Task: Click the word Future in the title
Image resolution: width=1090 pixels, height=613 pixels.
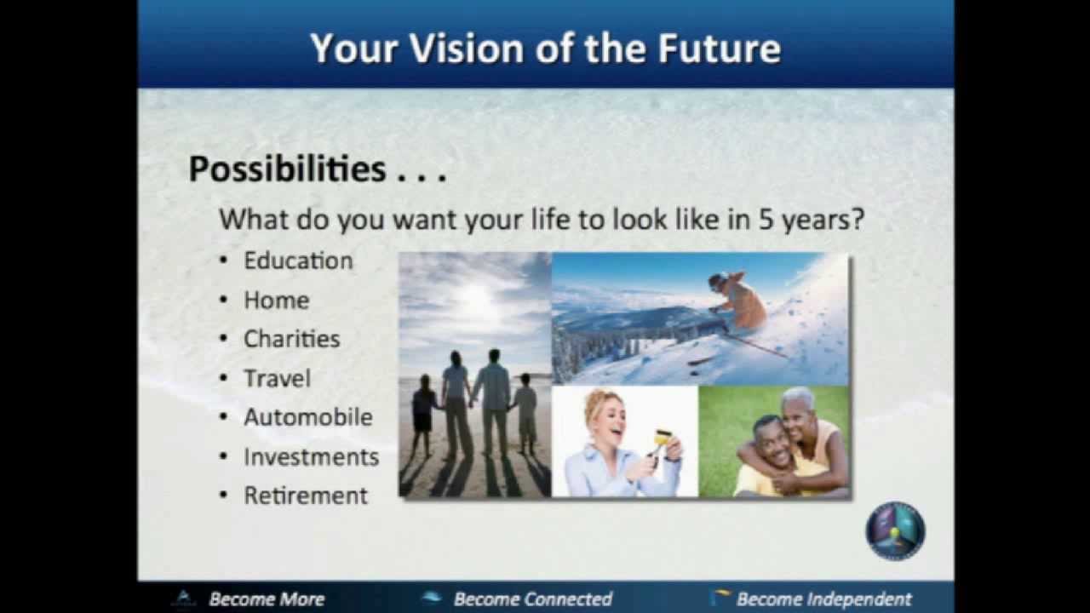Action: pos(719,49)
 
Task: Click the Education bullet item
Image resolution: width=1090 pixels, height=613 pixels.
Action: pos(298,261)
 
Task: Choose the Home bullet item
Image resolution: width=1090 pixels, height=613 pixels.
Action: pos(276,300)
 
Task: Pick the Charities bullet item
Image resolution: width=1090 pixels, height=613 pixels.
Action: pos(291,339)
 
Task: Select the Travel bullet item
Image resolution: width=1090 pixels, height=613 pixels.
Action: pos(277,378)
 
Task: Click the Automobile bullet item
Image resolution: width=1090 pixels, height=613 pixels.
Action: pos(307,417)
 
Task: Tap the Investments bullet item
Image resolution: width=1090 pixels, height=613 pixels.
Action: pos(311,456)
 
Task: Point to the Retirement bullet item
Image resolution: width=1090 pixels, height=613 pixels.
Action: pos(306,496)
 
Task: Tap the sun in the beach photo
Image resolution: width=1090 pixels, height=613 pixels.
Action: pos(475,298)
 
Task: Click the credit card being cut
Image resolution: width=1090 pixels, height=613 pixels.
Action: pos(661,439)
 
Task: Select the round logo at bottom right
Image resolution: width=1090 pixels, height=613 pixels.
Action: pos(895,530)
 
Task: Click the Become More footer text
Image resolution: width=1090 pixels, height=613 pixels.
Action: pos(266,599)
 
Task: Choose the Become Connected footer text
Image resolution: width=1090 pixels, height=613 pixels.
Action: pos(532,599)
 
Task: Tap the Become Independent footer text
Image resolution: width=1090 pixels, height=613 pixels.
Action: pos(823,599)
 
